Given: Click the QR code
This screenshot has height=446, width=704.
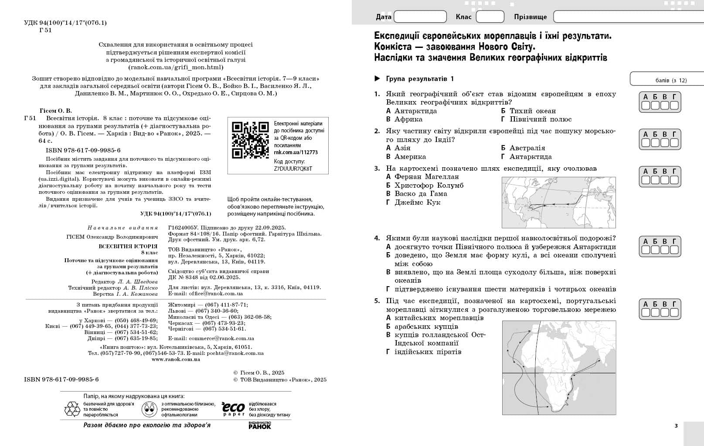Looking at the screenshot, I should tap(250, 140).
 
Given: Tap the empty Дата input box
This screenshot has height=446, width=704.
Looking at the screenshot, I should tap(420, 17).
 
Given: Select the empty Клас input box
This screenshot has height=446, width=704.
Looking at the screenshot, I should tap(490, 17).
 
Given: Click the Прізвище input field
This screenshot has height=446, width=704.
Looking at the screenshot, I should tap(628, 17).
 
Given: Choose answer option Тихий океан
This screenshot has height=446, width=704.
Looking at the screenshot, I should tap(533, 111).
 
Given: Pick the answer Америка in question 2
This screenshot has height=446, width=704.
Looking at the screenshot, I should tap(410, 157).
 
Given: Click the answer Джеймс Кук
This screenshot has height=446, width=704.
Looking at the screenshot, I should tap(417, 203).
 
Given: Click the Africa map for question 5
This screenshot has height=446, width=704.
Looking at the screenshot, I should tap(559, 368).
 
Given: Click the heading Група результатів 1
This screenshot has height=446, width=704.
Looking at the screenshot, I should tap(420, 79).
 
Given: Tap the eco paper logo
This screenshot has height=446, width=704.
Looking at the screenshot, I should tap(233, 408).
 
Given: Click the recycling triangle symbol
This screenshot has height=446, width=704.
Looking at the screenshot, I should tap(72, 409).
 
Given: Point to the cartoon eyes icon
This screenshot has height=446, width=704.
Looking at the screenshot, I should tap(150, 409).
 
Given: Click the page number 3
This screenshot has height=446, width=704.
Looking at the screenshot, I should tap(676, 426).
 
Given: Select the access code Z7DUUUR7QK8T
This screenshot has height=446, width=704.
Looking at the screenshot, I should tap(293, 169).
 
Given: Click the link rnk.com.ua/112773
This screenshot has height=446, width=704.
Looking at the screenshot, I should tap(296, 152).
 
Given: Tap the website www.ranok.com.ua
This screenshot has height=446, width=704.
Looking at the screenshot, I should tap(176, 360).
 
